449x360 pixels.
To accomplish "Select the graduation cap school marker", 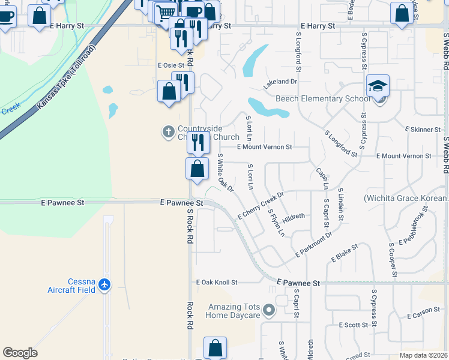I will coord(378,86).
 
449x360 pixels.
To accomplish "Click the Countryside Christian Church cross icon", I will coord(169,130).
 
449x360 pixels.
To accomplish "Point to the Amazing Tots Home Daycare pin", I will coord(269,310).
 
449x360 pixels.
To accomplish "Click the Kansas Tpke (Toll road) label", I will coord(66,77).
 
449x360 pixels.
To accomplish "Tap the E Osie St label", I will coord(171,65).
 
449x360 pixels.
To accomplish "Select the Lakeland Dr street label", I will coord(280,82).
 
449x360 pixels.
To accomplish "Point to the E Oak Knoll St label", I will coord(217,282).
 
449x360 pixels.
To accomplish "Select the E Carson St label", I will coord(424,316).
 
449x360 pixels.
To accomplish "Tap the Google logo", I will coord(20,353).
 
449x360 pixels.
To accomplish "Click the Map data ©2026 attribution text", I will coord(423,355).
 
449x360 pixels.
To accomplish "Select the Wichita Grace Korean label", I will coord(406,198).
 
